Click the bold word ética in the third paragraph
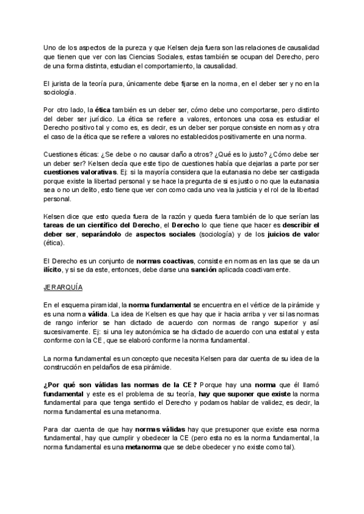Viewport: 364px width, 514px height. click(x=97, y=110)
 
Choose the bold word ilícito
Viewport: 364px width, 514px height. click(x=54, y=270)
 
